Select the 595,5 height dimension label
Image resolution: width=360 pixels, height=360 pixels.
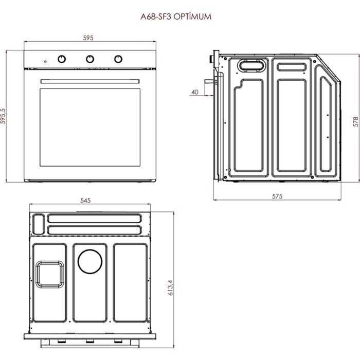coord(4,116)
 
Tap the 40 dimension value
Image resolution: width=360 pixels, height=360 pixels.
coord(194,92)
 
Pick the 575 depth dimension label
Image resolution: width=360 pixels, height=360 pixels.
coord(277,196)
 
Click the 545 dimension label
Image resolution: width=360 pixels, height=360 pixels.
coord(87,201)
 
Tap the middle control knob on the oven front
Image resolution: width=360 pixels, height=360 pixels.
coord(90,59)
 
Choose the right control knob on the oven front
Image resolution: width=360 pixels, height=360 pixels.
coord(119,59)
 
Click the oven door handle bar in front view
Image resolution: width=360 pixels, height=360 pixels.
coord(90,80)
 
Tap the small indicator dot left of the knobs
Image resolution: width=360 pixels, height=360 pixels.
coord(45,61)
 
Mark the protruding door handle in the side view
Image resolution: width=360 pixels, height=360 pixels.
coord(210,81)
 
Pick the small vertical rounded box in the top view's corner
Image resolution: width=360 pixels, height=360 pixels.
coord(37,223)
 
